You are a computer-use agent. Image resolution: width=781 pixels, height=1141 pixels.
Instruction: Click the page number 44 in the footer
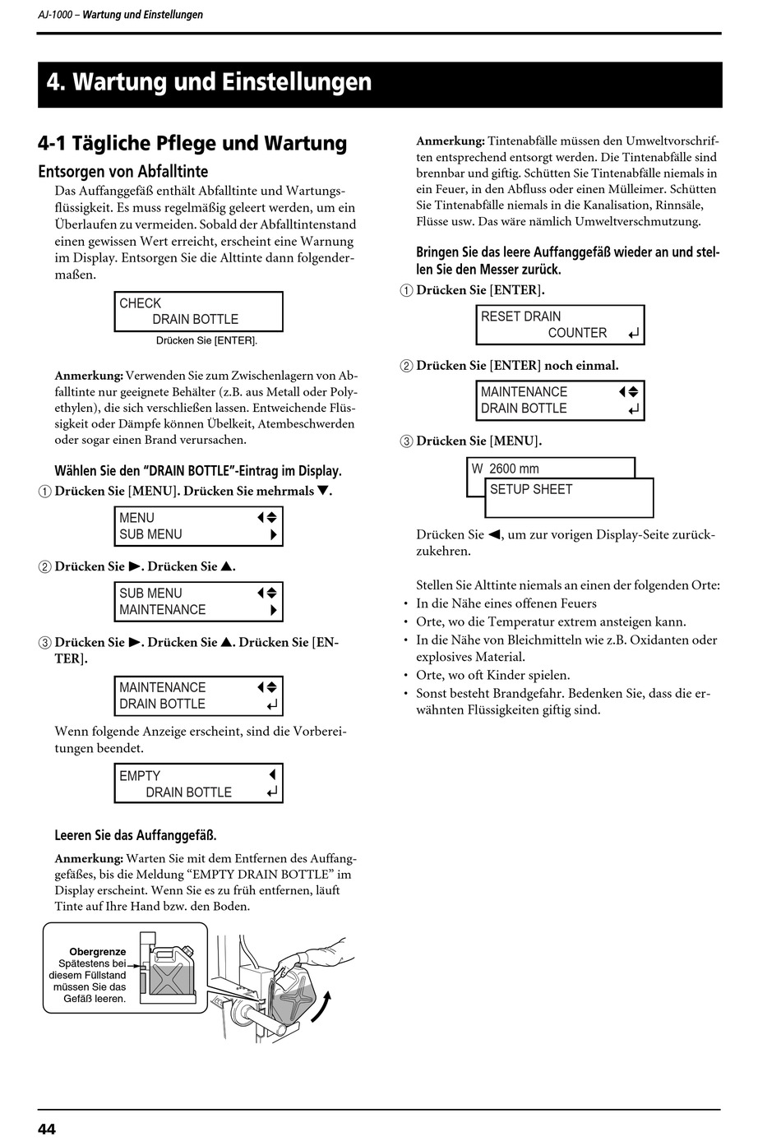(47, 1129)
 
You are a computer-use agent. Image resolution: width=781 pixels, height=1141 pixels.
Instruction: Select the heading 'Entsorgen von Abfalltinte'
(122, 172)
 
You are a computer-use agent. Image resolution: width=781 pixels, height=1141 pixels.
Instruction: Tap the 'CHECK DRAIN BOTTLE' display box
(198, 312)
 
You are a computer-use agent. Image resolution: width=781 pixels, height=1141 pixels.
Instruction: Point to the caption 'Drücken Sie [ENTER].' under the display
(206, 340)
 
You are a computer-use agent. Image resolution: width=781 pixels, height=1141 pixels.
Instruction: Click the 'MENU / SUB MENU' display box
(198, 526)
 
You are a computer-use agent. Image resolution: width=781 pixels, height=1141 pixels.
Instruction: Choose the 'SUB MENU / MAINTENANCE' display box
(198, 602)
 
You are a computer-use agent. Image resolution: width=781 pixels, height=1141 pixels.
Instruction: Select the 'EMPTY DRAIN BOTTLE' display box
(198, 784)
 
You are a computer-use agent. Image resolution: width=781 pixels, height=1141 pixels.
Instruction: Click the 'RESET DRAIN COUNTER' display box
(560, 325)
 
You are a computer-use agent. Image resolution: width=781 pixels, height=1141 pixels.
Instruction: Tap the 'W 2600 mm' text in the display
(506, 469)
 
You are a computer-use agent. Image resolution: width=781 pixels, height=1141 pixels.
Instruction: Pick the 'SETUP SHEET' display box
(570, 497)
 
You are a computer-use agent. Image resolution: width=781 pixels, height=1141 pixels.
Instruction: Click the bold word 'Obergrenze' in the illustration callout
(98, 952)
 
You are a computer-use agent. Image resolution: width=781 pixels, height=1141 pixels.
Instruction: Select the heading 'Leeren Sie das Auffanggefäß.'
(136, 835)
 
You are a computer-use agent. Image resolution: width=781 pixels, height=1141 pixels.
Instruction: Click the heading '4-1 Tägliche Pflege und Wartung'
(192, 143)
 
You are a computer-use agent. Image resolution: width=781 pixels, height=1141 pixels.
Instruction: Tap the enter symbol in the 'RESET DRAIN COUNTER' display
(632, 334)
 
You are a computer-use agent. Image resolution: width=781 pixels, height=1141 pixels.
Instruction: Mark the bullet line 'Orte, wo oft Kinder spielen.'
(492, 675)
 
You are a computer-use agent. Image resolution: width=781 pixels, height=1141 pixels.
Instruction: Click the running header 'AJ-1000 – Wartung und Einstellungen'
(121, 15)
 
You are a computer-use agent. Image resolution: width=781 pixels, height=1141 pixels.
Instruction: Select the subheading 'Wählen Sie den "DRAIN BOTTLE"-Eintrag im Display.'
(198, 471)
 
